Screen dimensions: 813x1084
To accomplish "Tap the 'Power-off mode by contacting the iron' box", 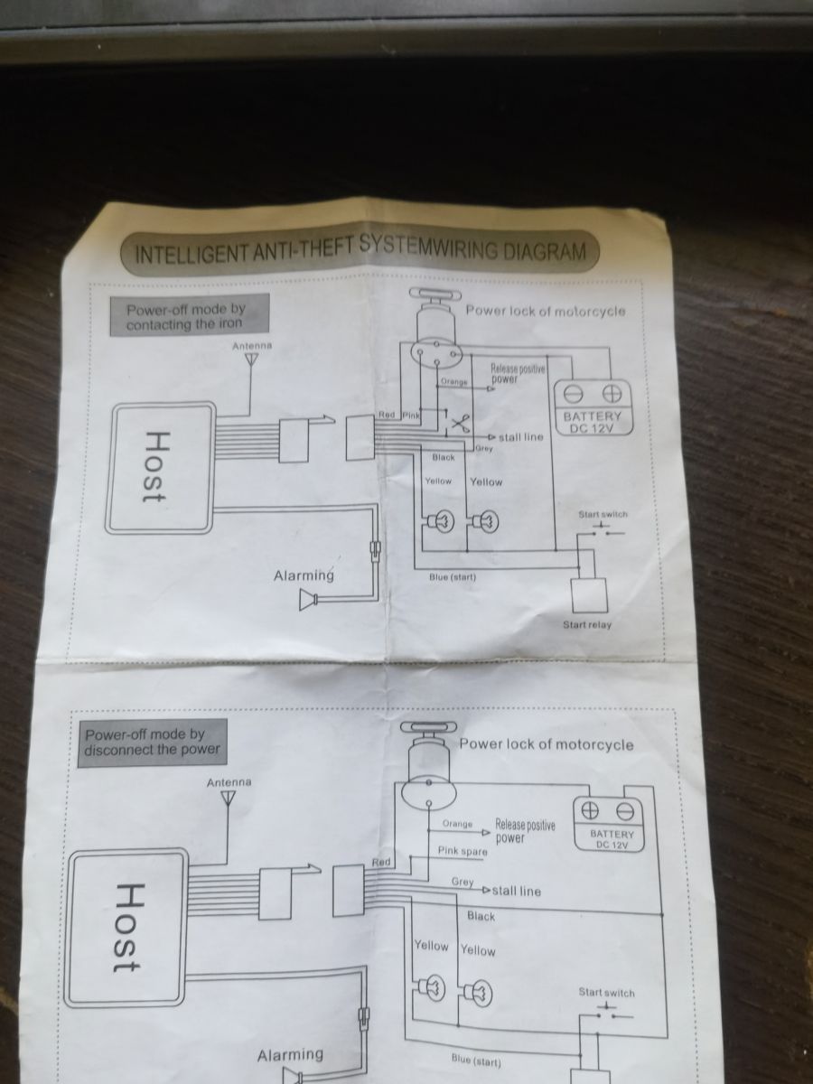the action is (x=190, y=315).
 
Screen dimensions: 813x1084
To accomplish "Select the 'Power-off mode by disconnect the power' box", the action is (x=153, y=743).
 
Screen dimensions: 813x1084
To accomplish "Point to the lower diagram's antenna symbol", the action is (x=228, y=798).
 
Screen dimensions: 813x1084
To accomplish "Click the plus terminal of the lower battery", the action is (x=591, y=810).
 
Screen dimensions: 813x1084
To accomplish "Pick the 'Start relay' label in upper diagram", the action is (x=587, y=625).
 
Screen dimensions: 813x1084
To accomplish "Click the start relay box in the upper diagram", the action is (x=589, y=595).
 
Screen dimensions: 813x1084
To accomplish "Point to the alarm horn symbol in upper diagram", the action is (x=309, y=600).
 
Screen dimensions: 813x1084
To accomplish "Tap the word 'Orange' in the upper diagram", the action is (x=454, y=382).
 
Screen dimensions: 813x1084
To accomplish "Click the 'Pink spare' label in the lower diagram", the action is (x=463, y=852).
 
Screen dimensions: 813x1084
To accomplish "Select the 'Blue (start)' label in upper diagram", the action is (x=453, y=577).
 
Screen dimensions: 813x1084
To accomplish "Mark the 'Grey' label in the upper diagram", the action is (x=484, y=448).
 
